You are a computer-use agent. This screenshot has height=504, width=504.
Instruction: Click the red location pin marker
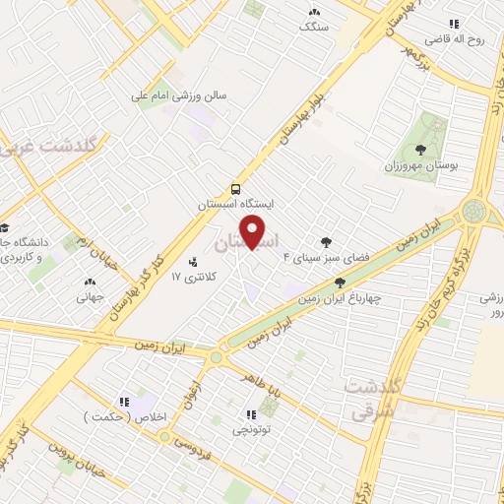(253, 232)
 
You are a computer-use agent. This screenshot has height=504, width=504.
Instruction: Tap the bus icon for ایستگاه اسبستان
(235, 188)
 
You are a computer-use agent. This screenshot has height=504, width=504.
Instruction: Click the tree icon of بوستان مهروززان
(421, 150)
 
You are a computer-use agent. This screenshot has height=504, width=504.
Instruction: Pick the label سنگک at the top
(314, 27)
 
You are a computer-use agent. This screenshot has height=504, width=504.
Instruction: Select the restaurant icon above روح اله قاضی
(453, 24)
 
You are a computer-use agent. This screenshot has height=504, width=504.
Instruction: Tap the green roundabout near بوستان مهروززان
(475, 210)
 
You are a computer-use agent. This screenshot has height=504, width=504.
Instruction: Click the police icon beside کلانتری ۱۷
(192, 264)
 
